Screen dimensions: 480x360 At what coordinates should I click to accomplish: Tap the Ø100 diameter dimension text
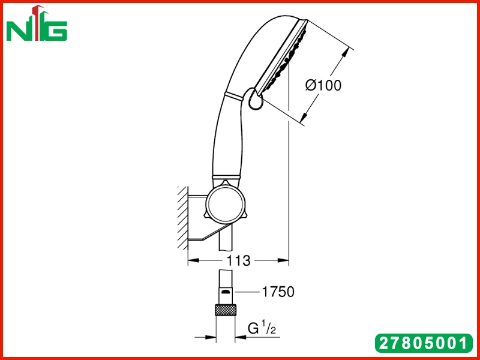[x=323, y=85]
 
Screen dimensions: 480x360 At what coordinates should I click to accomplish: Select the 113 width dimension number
[x=238, y=261]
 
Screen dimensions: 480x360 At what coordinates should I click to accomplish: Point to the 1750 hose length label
[x=278, y=292]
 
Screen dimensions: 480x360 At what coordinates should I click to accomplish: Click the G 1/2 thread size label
[x=262, y=328]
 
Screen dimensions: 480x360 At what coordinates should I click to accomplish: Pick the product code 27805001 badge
[x=424, y=343]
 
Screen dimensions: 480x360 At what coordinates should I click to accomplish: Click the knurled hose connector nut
[x=226, y=310]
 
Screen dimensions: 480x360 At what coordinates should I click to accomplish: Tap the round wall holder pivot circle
[x=226, y=203]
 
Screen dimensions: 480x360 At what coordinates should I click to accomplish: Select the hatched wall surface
[x=183, y=217]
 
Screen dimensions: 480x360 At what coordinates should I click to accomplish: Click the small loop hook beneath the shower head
[x=255, y=99]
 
